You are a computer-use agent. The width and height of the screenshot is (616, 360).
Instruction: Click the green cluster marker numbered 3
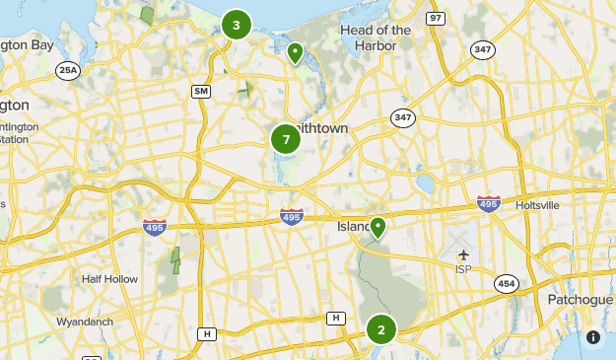[236, 25]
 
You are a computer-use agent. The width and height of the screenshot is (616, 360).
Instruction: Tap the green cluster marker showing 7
[286, 139]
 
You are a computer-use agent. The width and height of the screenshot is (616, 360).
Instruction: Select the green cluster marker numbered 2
[380, 329]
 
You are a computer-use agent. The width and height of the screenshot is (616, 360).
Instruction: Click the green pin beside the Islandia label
[376, 228]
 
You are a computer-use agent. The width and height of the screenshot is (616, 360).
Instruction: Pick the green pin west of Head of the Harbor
[294, 51]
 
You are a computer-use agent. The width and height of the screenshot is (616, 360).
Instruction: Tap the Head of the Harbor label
[376, 37]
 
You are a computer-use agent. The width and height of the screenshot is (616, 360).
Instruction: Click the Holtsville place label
[537, 205]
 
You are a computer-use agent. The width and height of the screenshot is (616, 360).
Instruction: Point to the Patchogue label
[582, 299]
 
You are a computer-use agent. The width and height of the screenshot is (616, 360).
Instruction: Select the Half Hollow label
[106, 279]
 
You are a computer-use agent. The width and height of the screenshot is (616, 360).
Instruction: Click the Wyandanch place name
[86, 322]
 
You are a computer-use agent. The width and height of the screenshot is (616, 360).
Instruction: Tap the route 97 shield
[436, 19]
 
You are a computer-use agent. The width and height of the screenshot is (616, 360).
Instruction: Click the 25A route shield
[67, 70]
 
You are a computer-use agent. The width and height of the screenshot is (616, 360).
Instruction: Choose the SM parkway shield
[201, 92]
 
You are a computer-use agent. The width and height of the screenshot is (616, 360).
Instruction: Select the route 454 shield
[507, 283]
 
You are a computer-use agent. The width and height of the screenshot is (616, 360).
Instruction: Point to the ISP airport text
[464, 269]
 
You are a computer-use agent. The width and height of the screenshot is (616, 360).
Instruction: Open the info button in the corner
[593, 336]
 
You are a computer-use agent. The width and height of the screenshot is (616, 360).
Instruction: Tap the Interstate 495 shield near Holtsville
[488, 204]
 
